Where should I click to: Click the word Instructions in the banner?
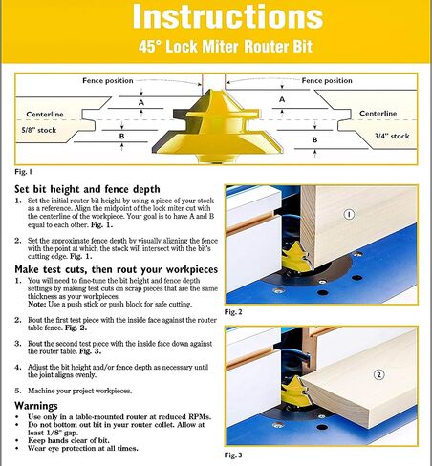pos(227,16)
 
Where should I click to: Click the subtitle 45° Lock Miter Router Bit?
pos(226,47)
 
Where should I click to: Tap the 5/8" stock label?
pos(39,130)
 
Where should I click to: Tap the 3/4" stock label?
pos(392,136)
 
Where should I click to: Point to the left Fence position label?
pos(108,80)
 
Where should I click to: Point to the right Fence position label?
pos(327,80)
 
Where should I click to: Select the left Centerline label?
pos(45,114)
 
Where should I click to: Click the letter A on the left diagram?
pos(141,102)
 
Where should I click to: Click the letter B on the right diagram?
pos(314,139)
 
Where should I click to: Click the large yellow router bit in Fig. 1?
pos(218,127)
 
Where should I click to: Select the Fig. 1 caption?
pos(23,172)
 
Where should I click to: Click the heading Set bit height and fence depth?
pos(87,189)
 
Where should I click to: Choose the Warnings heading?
pos(36,406)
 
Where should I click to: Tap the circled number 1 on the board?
pos(349,215)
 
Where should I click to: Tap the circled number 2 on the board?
pos(378,374)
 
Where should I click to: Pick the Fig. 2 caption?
pos(233,312)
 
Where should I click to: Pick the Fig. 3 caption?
pos(233,455)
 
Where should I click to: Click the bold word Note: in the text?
pos(37,304)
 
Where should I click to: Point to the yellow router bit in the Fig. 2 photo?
pos(295,257)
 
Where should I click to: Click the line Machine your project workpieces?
pos(79,391)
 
